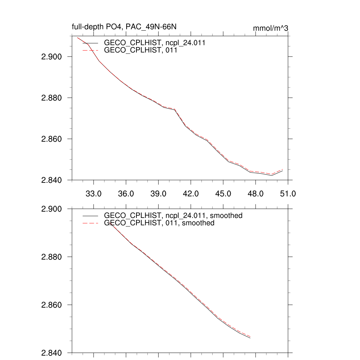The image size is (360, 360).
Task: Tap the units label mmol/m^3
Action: pyautogui.click(x=270, y=28)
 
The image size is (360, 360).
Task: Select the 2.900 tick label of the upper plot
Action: pyautogui.click(x=52, y=57)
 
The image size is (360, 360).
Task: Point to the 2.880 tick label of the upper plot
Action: pyautogui.click(x=52, y=98)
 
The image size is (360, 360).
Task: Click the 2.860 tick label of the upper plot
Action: pyautogui.click(x=52, y=139)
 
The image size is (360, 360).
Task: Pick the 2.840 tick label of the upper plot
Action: pyautogui.click(x=52, y=180)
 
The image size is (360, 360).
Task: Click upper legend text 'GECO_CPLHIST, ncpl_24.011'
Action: pyautogui.click(x=155, y=43)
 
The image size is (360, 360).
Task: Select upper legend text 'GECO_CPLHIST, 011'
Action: pyautogui.click(x=140, y=50)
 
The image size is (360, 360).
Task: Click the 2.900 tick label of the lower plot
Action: pyautogui.click(x=52, y=209)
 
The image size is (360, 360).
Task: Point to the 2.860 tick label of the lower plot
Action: pyautogui.click(x=52, y=305)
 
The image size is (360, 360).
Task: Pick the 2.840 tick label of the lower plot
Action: pyautogui.click(x=52, y=353)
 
